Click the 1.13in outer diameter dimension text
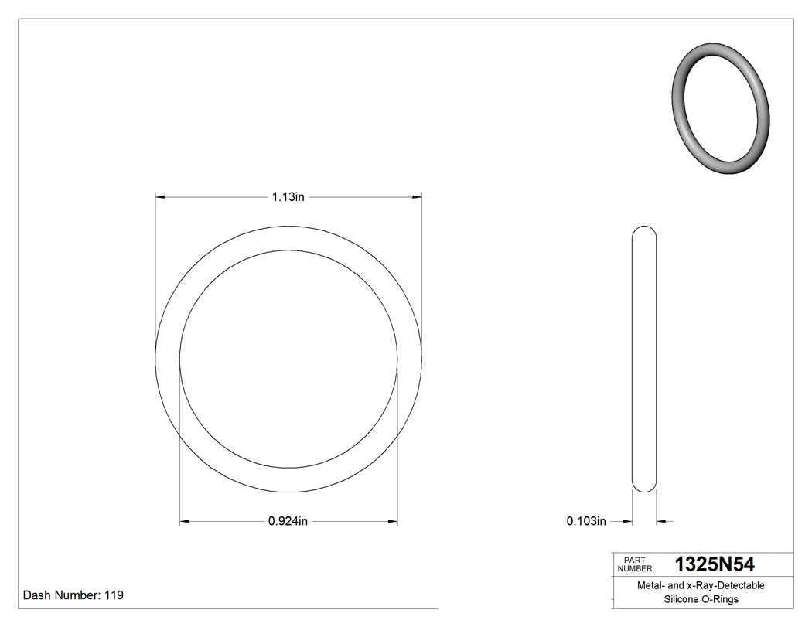288,197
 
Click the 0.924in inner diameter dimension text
288,522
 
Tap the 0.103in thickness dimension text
585,522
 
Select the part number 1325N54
715,564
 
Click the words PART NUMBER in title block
634,564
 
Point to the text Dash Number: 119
73,595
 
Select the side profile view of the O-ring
644,359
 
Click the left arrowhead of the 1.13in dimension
161,197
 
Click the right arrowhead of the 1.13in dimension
417,197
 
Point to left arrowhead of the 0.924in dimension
185,522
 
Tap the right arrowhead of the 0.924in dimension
393,522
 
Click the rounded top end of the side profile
644,230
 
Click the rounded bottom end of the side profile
644,486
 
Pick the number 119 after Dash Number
114,595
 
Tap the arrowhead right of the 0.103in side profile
661,522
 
